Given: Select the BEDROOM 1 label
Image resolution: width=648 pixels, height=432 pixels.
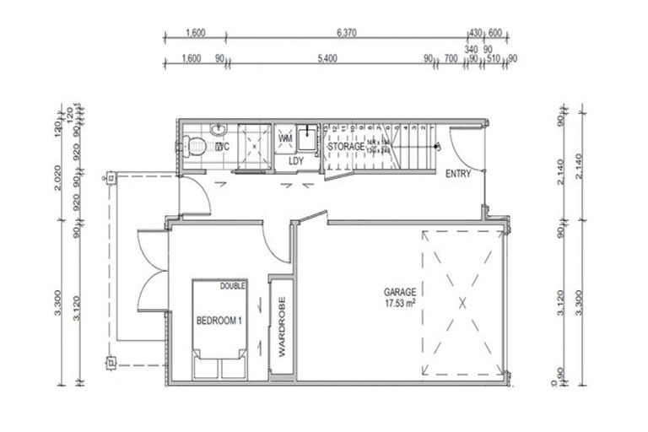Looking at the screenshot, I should tap(219, 321).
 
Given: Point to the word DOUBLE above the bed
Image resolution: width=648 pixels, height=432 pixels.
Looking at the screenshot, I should tap(233, 286).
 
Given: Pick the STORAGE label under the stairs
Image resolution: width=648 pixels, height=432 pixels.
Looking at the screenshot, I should tap(346, 146).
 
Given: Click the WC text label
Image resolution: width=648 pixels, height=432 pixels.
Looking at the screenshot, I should tap(223, 147).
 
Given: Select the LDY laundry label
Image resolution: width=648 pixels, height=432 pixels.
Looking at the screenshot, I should tap(295, 160).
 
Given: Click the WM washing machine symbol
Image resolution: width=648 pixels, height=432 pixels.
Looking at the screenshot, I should tap(285, 138).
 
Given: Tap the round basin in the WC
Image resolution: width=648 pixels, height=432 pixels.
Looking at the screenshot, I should tap(219, 128).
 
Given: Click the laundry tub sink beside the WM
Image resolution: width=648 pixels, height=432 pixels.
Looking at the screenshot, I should tap(310, 136).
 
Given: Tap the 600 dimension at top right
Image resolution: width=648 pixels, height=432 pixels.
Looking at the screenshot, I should tap(494, 34).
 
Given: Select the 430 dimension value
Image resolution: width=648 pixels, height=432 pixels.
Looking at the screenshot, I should tap(475, 34).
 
